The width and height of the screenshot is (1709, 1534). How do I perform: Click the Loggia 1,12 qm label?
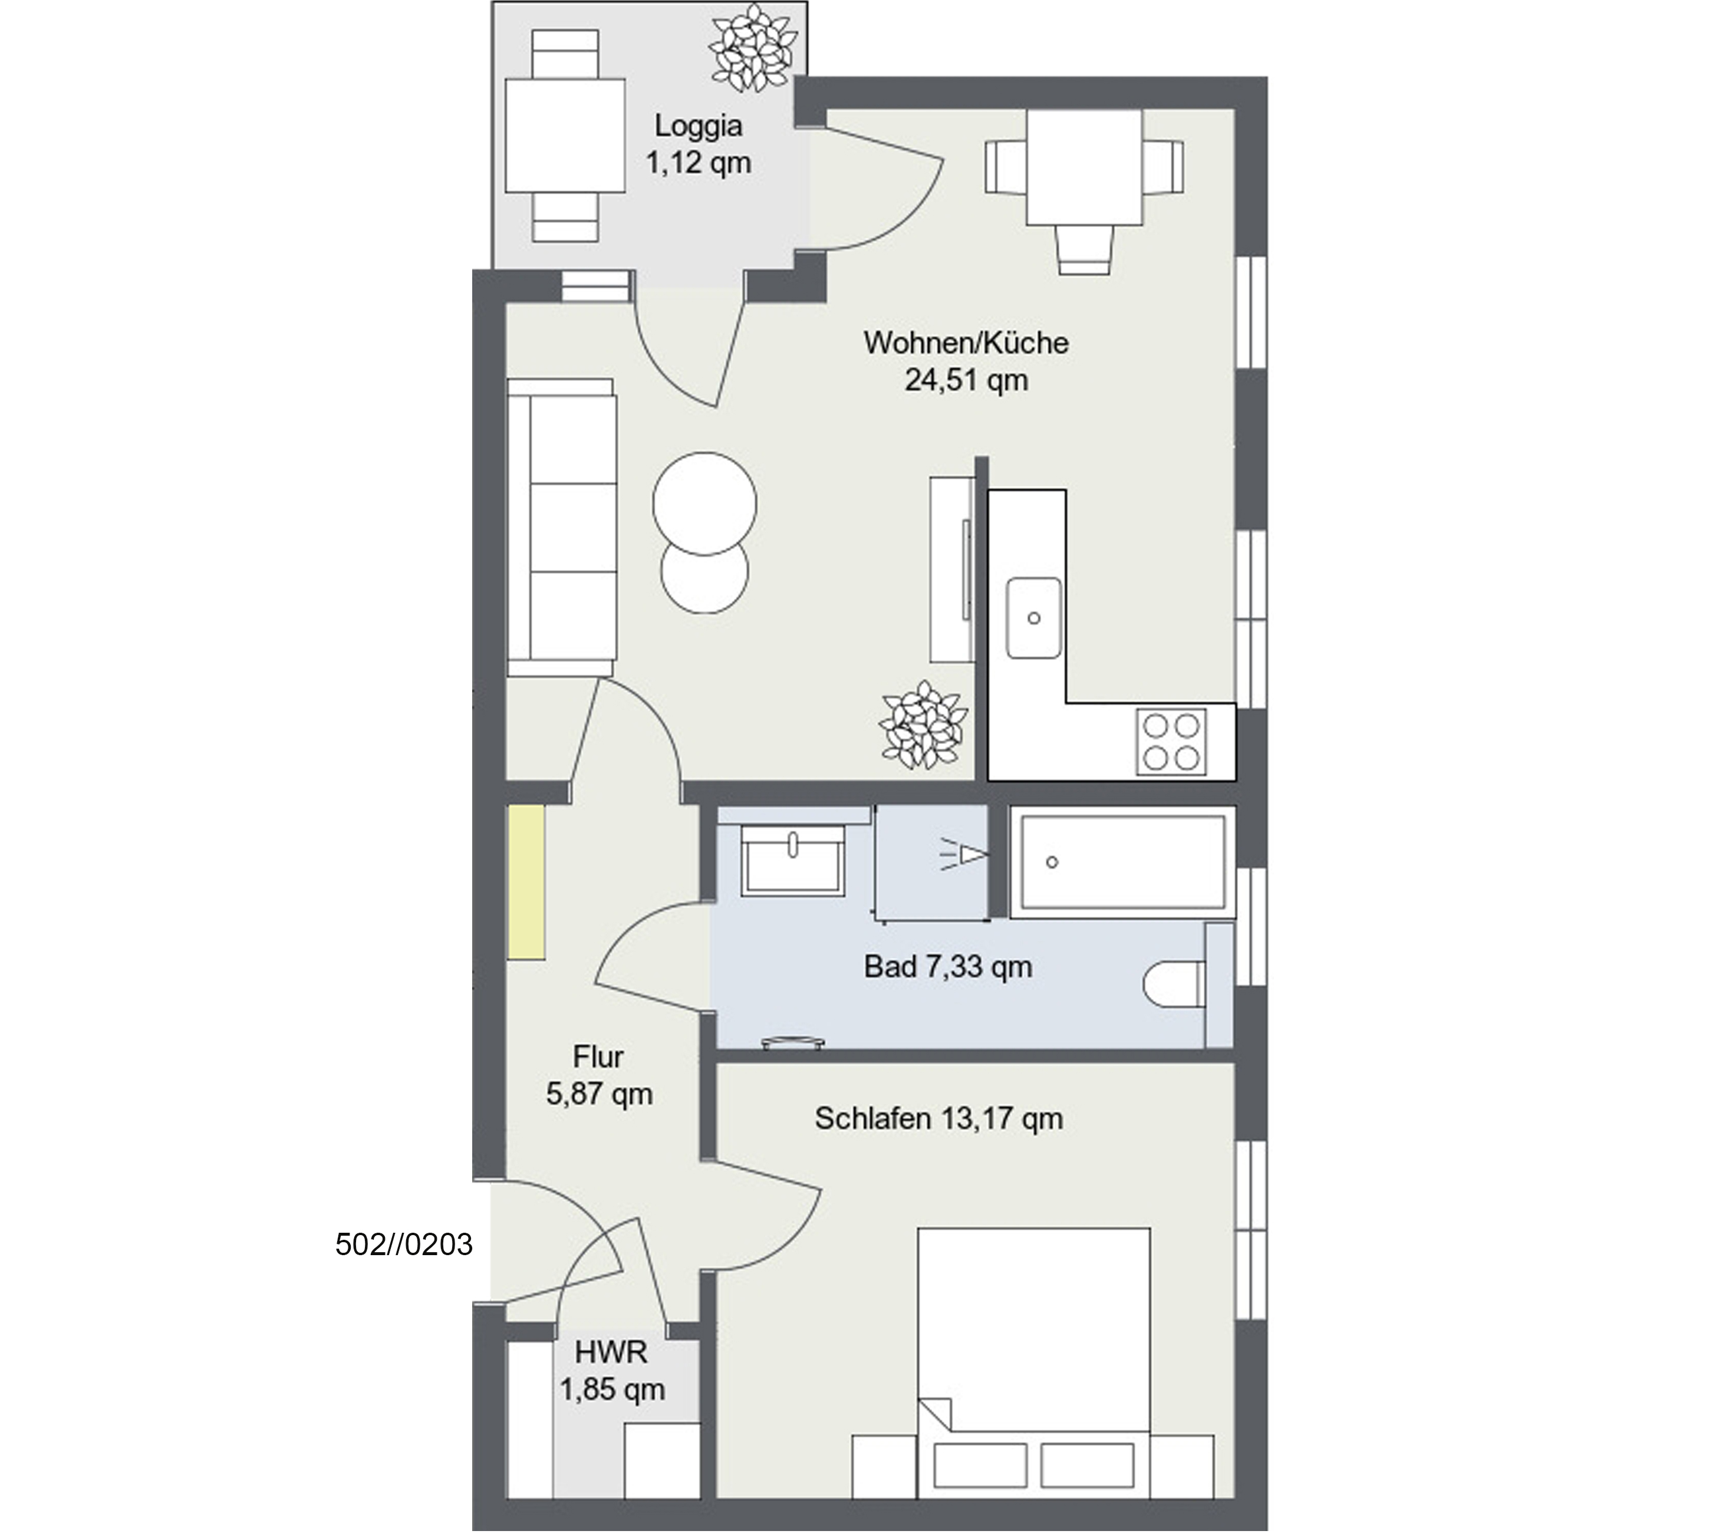pos(699,144)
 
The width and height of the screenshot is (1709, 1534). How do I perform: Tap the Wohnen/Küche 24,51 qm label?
pos(966,361)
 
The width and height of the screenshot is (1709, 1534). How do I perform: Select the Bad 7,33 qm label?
pos(948,967)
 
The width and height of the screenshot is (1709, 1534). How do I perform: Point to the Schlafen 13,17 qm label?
pos(939,1118)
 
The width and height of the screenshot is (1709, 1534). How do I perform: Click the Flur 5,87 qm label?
pos(599,1075)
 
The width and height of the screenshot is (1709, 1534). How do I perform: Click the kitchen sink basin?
pos(1034,618)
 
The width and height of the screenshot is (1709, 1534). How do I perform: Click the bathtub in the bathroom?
pos(1122,861)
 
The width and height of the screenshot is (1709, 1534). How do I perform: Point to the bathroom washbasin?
pos(792,860)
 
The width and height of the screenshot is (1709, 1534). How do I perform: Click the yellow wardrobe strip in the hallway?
pos(526,881)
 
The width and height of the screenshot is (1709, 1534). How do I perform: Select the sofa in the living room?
pos(561,528)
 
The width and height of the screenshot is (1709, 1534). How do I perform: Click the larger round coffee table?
pos(704,503)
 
